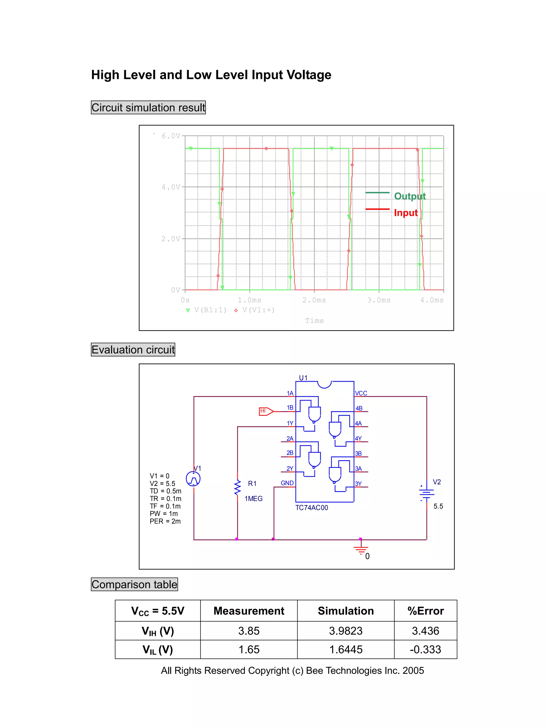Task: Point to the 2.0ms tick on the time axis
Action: [314, 300]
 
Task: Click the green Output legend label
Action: [410, 196]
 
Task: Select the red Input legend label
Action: [406, 213]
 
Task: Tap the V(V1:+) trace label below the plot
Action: [258, 310]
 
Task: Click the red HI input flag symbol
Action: [266, 411]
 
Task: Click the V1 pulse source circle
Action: [193, 479]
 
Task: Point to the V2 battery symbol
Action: [426, 493]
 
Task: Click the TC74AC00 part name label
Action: [311, 508]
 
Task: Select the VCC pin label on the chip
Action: [361, 393]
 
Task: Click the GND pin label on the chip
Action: [287, 483]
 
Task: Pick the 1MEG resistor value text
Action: [254, 498]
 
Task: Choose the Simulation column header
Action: [346, 611]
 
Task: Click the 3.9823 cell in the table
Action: [346, 631]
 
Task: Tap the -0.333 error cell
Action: [425, 649]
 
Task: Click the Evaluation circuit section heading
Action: [133, 349]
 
